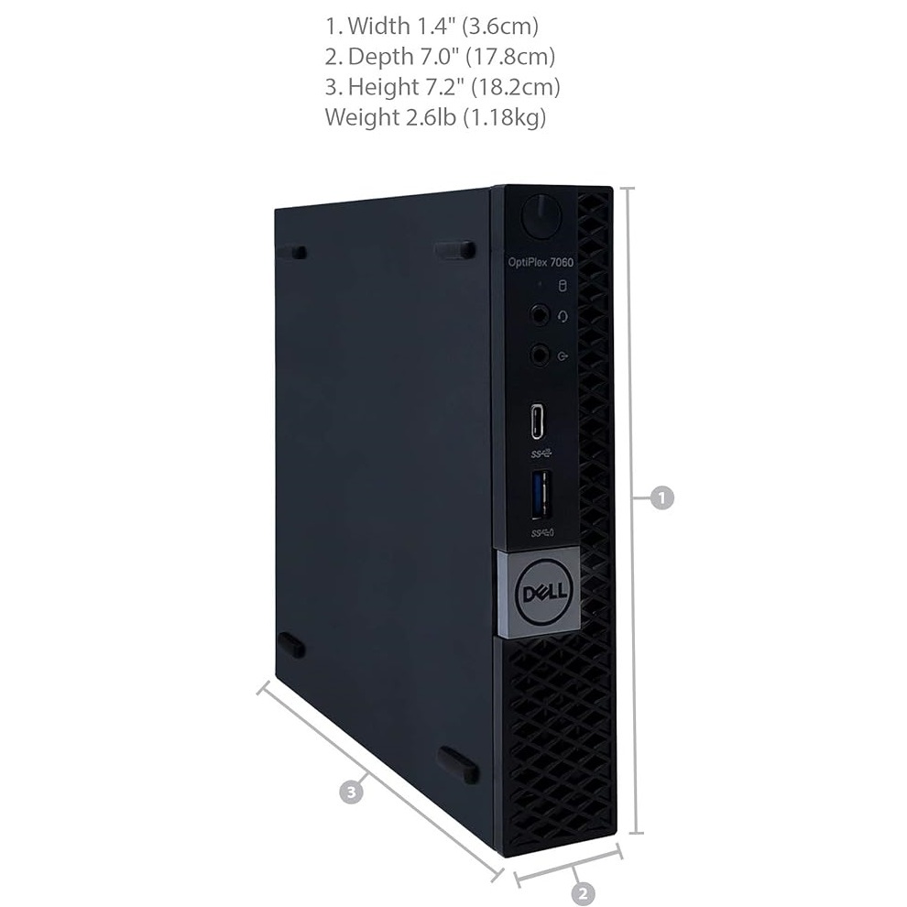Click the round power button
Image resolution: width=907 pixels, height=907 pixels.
(x=541, y=216)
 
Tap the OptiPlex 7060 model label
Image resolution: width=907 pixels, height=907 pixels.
(x=541, y=262)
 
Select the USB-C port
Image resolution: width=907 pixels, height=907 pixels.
(x=537, y=421)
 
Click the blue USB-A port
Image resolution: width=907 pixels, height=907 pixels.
(x=541, y=493)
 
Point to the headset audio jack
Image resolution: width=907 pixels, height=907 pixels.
(x=540, y=316)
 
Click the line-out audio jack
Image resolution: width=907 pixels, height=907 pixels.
(x=541, y=355)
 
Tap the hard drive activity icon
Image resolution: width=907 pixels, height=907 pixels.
(x=562, y=286)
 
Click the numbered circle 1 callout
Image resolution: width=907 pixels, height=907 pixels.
(x=661, y=497)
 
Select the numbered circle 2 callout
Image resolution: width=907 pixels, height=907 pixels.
(x=583, y=893)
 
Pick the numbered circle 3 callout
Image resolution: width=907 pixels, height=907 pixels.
(x=351, y=791)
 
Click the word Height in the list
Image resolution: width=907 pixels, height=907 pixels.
(x=384, y=87)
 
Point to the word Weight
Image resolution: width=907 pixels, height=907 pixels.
(x=362, y=117)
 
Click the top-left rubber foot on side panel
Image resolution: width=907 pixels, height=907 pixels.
(x=292, y=253)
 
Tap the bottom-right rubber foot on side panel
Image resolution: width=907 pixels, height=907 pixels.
(x=457, y=765)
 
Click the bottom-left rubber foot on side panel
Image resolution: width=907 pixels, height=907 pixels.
(x=291, y=645)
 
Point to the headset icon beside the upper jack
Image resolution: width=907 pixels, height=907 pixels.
(x=563, y=316)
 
